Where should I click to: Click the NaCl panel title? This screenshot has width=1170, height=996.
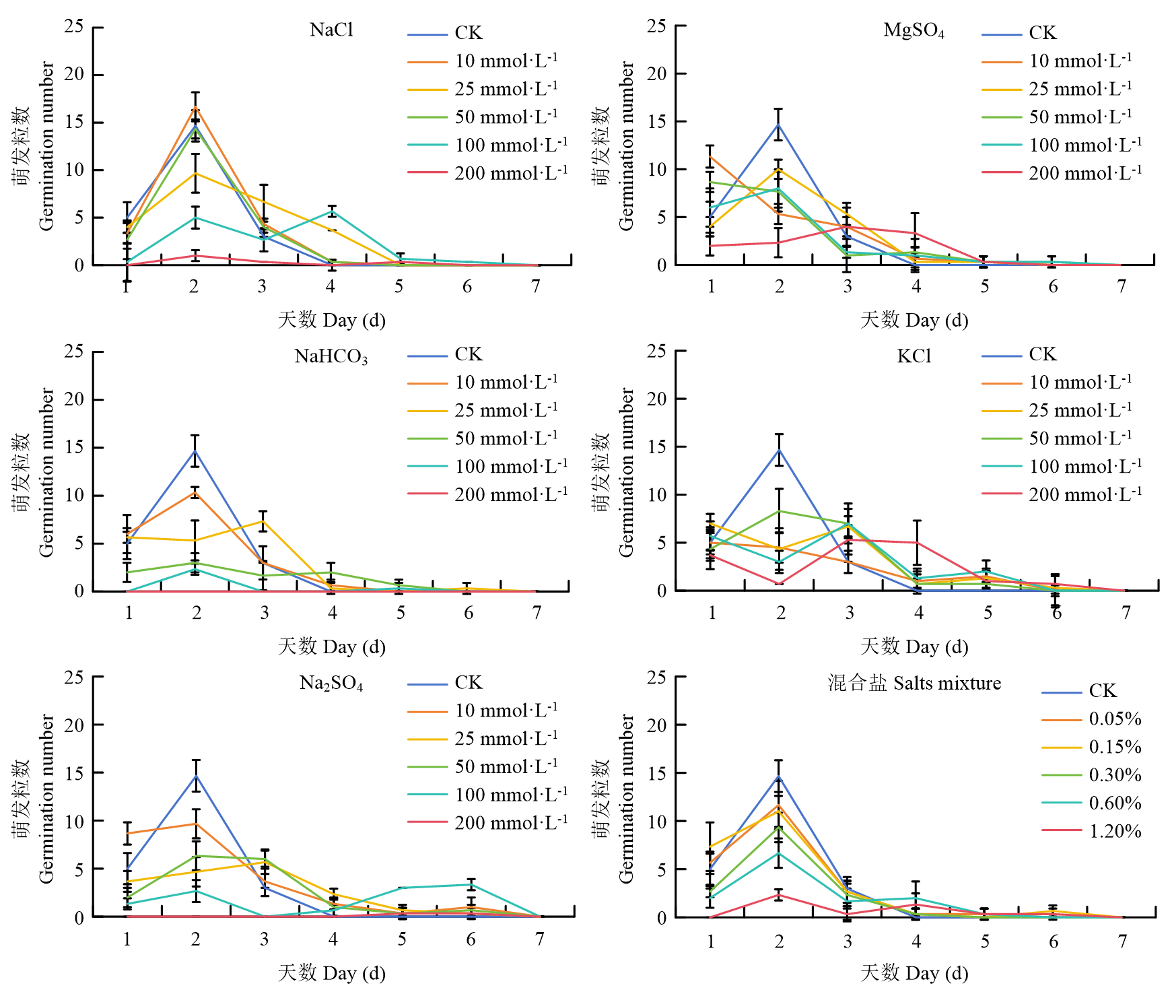tap(331, 30)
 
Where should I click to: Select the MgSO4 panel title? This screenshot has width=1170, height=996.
tap(914, 31)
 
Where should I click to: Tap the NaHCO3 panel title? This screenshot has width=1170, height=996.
tap(331, 356)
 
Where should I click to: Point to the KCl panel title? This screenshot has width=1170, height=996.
tap(914, 356)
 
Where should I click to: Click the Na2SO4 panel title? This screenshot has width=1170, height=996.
tap(331, 684)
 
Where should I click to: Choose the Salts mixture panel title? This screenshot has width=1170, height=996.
tap(914, 684)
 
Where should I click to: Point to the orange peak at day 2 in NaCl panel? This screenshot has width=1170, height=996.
tap(195, 108)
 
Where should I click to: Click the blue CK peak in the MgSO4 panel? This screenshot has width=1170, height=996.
tap(779, 125)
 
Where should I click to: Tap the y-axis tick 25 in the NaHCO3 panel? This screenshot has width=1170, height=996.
tap(74, 352)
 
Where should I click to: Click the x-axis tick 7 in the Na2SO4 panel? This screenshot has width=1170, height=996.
tap(540, 939)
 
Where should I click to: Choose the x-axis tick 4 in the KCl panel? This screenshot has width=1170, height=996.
tap(918, 613)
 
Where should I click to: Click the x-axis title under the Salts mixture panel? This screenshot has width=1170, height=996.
tap(914, 973)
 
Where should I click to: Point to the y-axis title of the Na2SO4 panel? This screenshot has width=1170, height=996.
tap(34, 799)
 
